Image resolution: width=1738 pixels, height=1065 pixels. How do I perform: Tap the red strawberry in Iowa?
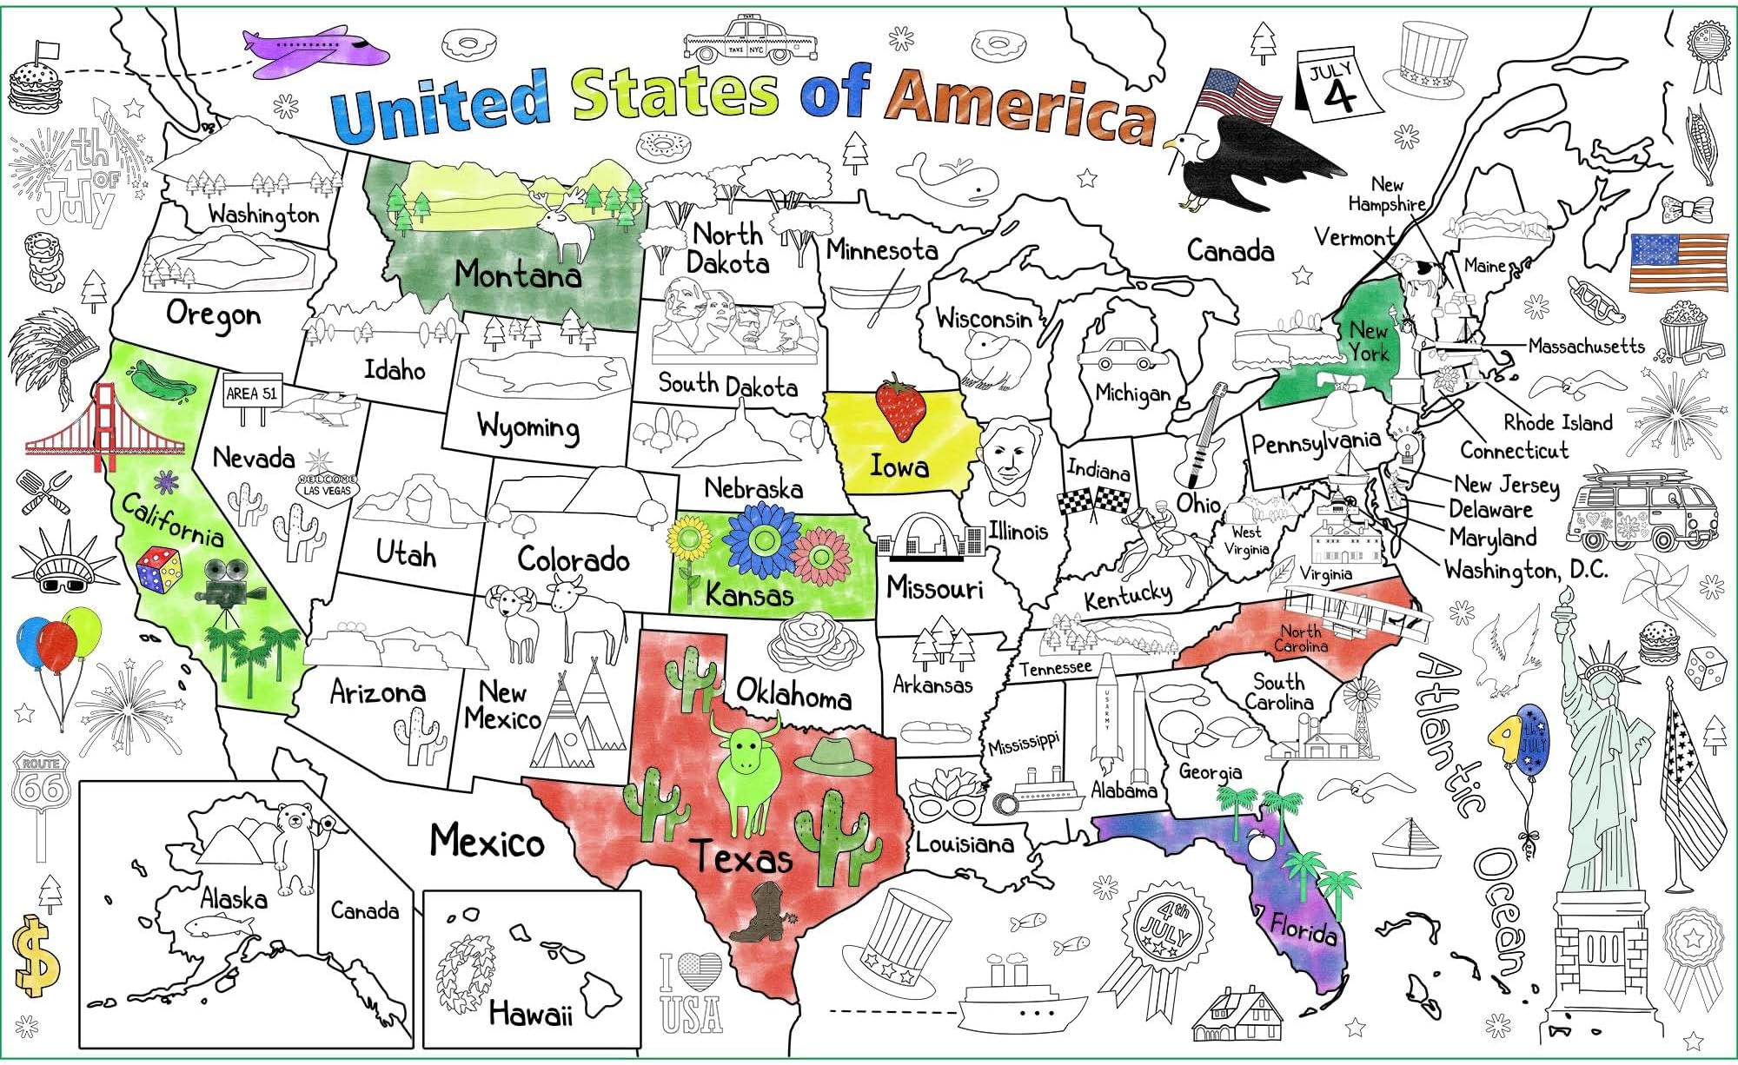click(901, 408)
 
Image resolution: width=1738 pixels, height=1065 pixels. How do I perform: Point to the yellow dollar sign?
click(36, 956)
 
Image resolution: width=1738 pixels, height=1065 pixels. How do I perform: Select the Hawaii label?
click(530, 1013)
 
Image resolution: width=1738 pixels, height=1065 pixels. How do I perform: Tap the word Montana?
click(518, 275)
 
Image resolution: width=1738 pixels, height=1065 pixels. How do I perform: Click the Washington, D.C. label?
click(1526, 570)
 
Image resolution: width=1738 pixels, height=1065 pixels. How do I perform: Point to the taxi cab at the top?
click(749, 40)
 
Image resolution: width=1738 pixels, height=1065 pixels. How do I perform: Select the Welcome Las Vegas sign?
click(328, 485)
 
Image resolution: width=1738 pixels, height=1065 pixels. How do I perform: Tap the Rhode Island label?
click(1557, 423)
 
